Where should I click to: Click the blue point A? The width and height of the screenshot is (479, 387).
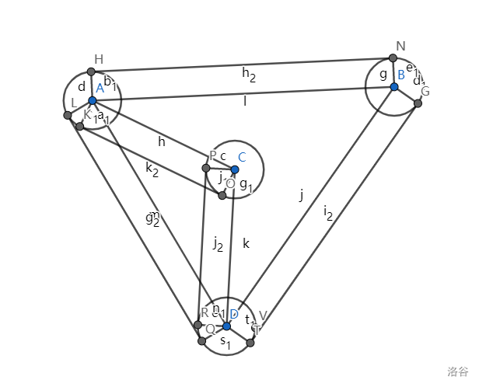coord(92,100)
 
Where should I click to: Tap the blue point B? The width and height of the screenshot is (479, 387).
coord(394,86)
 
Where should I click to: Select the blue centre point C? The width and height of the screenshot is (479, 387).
coord(234,169)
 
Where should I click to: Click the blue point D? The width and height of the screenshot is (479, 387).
coord(226,326)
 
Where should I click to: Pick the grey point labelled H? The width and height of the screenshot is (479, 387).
coord(91,71)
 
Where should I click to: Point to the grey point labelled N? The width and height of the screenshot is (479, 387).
coord(393,58)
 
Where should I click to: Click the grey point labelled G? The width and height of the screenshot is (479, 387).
coord(418,103)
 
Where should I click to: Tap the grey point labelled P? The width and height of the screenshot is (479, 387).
coord(206,168)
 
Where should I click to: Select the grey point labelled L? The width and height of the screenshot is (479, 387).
coord(68,116)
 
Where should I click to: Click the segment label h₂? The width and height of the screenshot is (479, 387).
coord(249,75)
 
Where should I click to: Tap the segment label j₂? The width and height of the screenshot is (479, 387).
coord(218,244)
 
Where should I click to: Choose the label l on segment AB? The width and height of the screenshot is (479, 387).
coord(245,100)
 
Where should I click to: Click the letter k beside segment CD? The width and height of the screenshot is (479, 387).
coord(246,243)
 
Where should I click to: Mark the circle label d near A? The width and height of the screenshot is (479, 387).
coord(81,87)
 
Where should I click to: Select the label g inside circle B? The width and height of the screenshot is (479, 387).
coord(383,74)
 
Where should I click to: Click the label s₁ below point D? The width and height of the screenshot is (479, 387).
coord(225,342)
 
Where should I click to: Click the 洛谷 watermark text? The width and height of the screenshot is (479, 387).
coord(458,372)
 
